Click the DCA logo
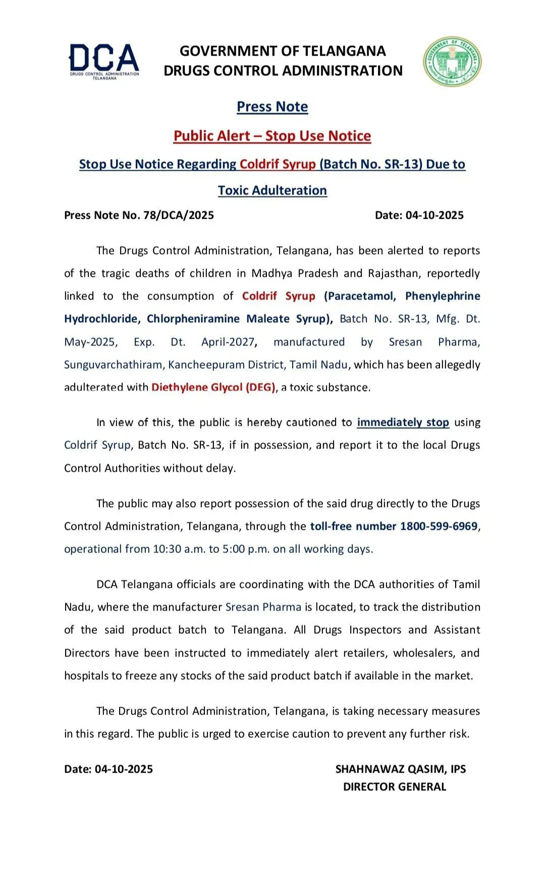(x=104, y=61)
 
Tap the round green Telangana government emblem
(x=452, y=61)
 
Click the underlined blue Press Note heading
(x=272, y=107)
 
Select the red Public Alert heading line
(x=272, y=136)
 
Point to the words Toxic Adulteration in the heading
(x=272, y=190)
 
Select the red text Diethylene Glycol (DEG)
(x=213, y=387)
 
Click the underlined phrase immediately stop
(x=403, y=422)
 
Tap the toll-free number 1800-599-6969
(x=439, y=526)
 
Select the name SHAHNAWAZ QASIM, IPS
(x=401, y=769)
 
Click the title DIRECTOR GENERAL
(x=395, y=787)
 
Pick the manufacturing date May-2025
(x=90, y=342)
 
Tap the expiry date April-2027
(x=228, y=342)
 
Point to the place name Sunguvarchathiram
(x=113, y=365)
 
